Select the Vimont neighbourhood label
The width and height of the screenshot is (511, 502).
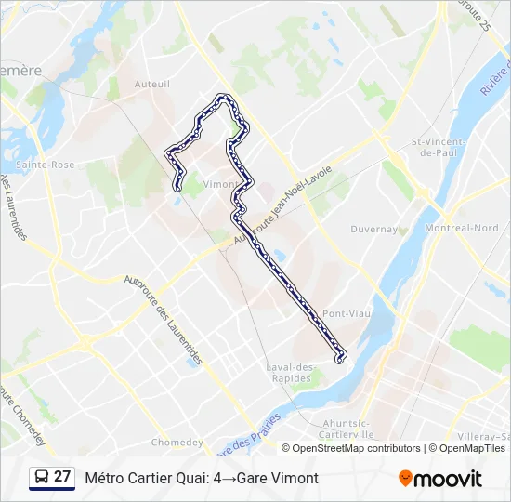(219, 184)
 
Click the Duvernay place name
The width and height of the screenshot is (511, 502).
(373, 229)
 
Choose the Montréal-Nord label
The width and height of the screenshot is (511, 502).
(461, 228)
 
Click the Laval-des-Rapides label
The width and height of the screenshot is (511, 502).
(292, 373)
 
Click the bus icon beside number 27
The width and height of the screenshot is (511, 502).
(41, 478)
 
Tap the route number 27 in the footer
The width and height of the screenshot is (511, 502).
(62, 477)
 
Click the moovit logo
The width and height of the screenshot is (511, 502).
(440, 479)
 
